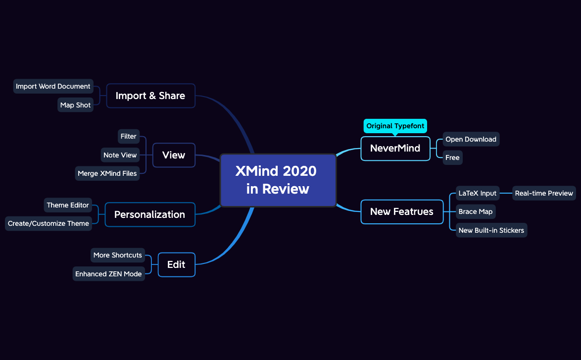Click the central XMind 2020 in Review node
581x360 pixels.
coord(278,180)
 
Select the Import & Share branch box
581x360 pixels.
coord(150,96)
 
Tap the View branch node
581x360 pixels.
coord(174,155)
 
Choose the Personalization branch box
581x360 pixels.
coord(150,214)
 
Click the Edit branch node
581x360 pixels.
coord(176,264)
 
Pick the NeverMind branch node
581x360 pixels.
coord(395,148)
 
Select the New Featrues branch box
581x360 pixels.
coord(401,211)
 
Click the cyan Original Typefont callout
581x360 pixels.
coord(395,126)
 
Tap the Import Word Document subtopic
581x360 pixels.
coord(53,86)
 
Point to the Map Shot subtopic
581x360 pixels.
coord(75,105)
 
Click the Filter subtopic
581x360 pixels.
coord(129,136)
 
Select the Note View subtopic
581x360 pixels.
coord(120,155)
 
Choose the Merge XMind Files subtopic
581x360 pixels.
coord(107,173)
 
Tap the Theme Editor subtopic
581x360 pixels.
coord(68,205)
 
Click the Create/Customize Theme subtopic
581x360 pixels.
coord(48,223)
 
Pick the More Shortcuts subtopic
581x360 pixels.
coord(118,255)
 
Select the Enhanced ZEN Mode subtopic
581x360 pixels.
coord(108,274)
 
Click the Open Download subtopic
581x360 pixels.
coord(471,139)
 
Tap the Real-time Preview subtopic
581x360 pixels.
coord(544,193)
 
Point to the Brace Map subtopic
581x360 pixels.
coord(476,211)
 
